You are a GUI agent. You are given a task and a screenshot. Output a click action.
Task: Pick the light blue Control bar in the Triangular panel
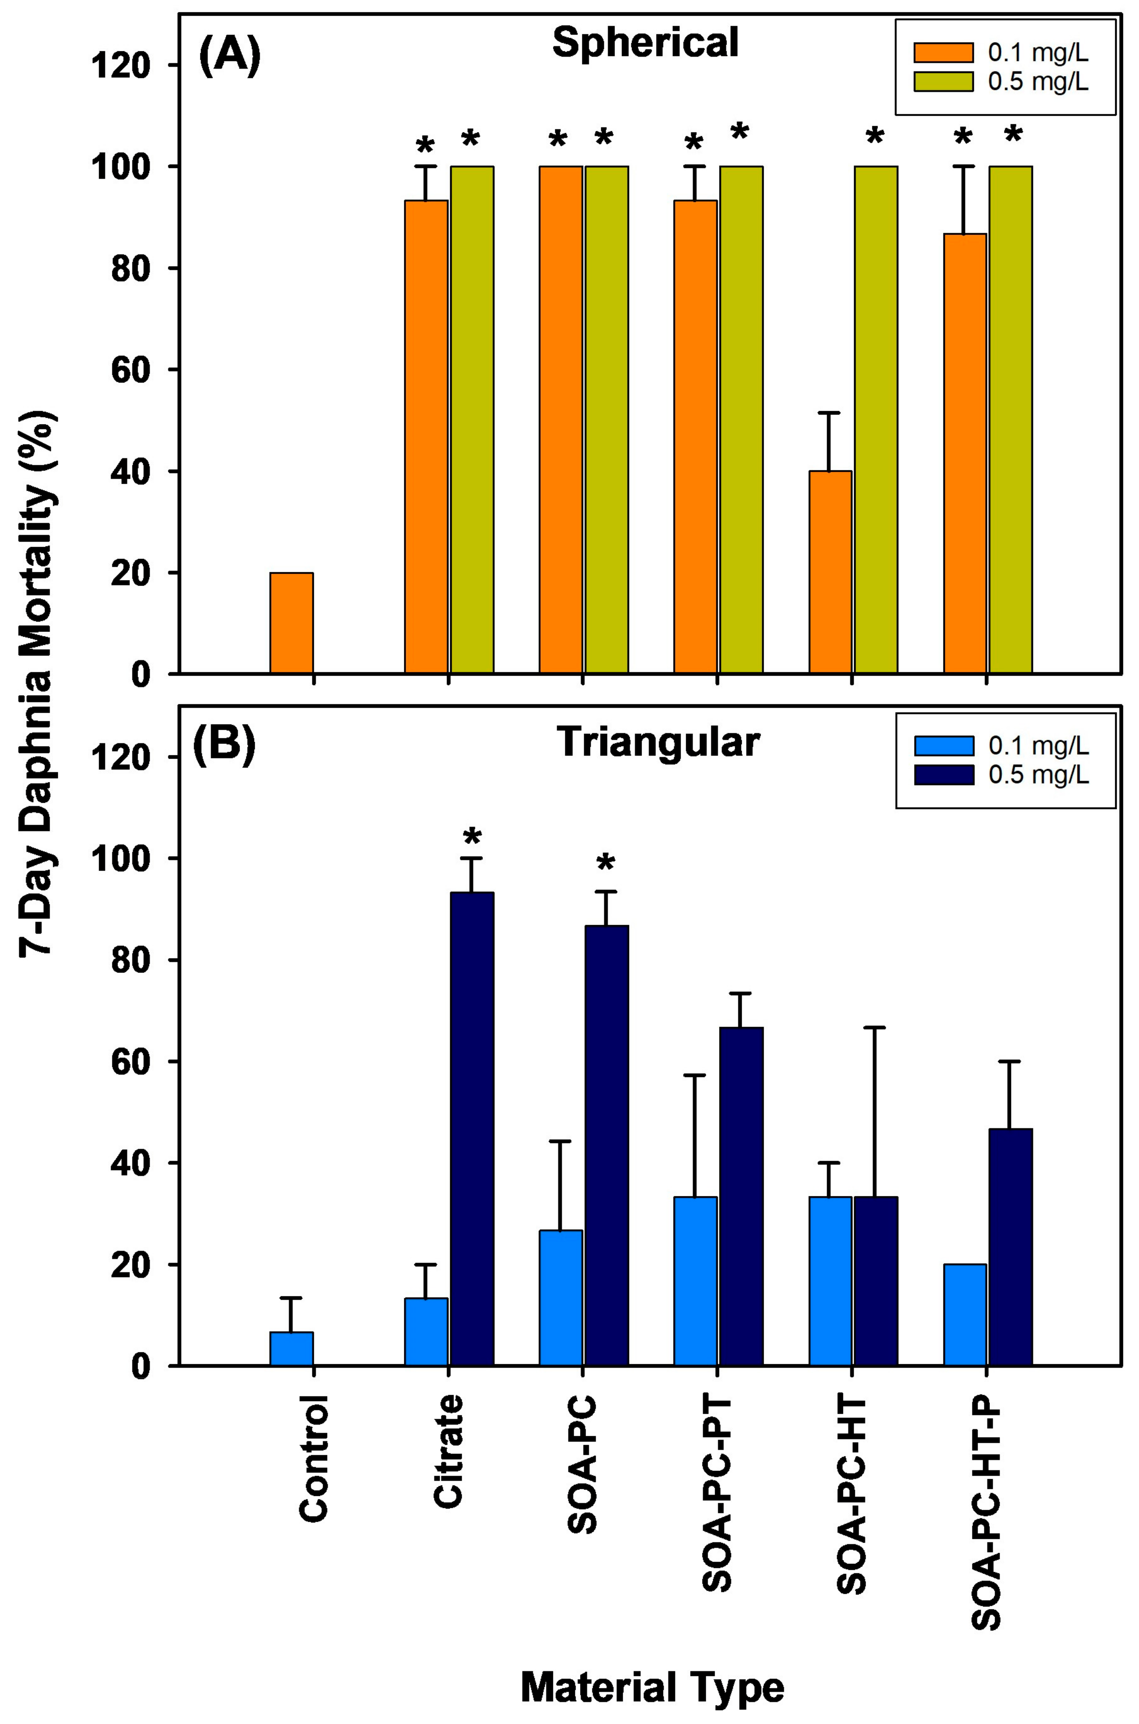point(292,1349)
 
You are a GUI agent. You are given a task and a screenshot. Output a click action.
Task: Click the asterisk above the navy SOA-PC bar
point(606,864)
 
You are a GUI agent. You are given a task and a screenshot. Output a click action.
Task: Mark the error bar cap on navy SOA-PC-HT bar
point(875,1028)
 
